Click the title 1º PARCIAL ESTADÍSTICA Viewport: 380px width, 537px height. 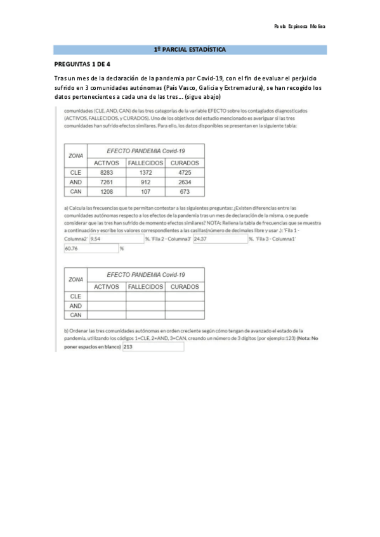tap(190, 49)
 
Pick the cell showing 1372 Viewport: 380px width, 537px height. tap(145, 172)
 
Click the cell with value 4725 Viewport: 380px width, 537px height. tap(185, 172)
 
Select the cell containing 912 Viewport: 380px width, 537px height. tap(145, 181)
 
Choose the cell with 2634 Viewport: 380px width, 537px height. tap(185, 181)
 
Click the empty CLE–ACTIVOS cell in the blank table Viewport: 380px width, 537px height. tap(106, 296)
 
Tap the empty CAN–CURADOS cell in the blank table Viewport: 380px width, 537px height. tap(185, 315)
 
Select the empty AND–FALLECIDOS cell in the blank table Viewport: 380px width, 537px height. tap(145, 305)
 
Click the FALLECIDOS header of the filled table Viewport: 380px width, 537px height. tap(145, 162)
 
